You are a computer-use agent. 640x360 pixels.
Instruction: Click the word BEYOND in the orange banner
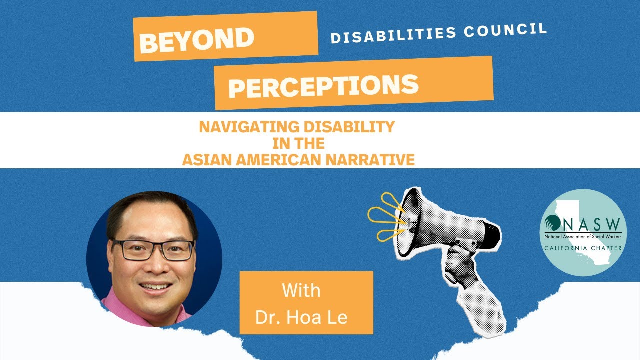[x=196, y=39]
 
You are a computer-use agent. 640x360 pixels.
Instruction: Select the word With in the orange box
[x=301, y=290]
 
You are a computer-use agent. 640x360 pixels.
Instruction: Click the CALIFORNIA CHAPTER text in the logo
[x=584, y=248]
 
